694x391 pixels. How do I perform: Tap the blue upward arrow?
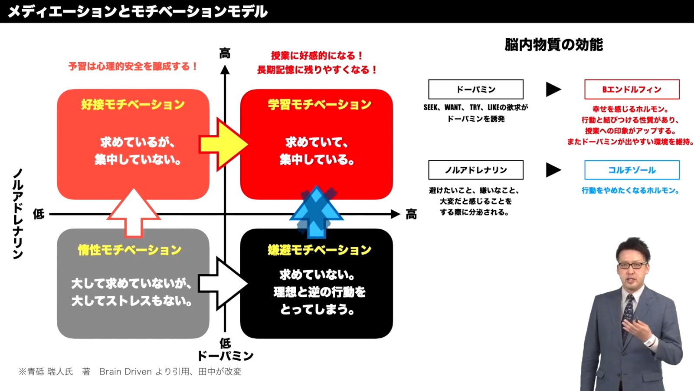pos(317,213)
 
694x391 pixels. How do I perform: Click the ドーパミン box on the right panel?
pos(476,89)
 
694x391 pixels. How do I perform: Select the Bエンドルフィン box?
pos(632,89)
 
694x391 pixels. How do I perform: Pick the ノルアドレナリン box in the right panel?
pos(476,170)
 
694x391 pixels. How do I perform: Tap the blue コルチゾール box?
pos(632,170)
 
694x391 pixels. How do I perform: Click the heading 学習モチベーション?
pos(320,104)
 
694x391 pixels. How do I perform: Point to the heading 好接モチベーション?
pos(133,104)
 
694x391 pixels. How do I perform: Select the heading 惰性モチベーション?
pos(130,250)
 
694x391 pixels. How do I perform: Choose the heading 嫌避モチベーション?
pos(320,250)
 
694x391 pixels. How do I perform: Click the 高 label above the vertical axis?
pos(225,53)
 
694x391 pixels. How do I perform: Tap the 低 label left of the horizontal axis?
pos(39,214)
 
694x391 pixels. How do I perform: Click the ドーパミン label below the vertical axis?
pos(225,356)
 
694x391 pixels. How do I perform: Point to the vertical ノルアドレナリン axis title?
pos(18,214)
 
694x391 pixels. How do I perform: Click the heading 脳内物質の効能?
pos(553,45)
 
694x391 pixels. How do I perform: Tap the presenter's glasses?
pos(633,265)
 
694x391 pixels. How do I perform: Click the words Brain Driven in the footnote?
pos(125,371)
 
